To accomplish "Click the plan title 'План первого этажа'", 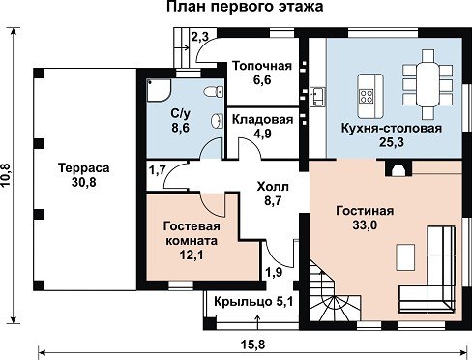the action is (245, 7).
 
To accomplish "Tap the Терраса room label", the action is (84, 168).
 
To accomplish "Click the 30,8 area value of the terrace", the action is (84, 183).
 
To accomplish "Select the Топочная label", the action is (262, 66).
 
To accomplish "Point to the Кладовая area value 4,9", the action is (262, 134).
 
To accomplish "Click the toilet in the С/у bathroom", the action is (214, 92).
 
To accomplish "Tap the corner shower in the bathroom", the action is (159, 90).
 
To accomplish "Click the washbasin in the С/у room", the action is (216, 121).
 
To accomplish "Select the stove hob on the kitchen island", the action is (367, 96).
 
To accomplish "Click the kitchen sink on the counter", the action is (317, 97).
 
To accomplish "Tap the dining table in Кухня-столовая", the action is (428, 84).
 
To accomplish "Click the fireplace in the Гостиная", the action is (398, 168).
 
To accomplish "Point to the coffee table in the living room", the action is (405, 256).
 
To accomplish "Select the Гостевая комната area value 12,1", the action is (192, 255).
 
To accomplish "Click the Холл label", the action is (273, 187).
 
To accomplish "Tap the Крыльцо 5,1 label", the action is (253, 302).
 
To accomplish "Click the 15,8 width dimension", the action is (252, 345).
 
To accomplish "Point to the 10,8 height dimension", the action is (7, 174).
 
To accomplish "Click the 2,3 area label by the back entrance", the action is (199, 37).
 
